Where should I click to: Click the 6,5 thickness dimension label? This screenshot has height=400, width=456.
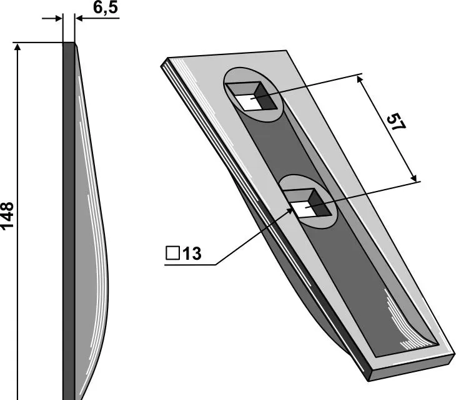pyautogui.click(x=106, y=8)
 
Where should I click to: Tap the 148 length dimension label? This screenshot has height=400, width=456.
pyautogui.click(x=7, y=216)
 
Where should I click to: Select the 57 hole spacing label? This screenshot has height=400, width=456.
pyautogui.click(x=396, y=122)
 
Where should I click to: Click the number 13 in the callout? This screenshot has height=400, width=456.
pyautogui.click(x=192, y=254)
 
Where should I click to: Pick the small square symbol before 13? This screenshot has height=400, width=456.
pyautogui.click(x=173, y=253)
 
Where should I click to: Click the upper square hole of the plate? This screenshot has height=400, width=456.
pyautogui.click(x=252, y=96)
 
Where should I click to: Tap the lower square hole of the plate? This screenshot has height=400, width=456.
pyautogui.click(x=308, y=203)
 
